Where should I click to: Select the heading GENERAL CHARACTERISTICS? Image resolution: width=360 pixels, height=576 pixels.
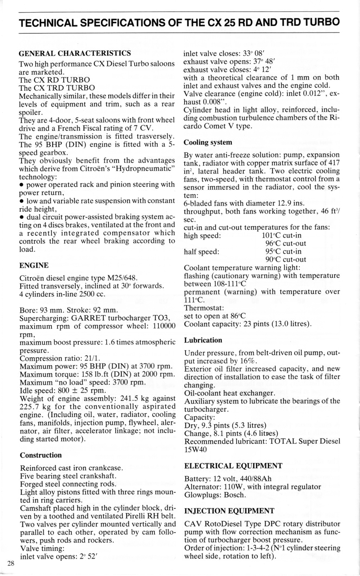pyautogui.click(x=75, y=53)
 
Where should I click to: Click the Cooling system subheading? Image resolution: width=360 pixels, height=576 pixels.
pyautogui.click(x=208, y=143)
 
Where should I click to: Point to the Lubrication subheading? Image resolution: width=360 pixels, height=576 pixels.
pyautogui.click(x=203, y=340)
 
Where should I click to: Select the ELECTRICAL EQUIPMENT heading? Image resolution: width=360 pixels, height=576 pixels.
pyautogui.click(x=234, y=465)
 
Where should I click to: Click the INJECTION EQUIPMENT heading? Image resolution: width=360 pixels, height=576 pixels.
pyautogui.click(x=229, y=510)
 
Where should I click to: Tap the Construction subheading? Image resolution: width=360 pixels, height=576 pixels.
pyautogui.click(x=41, y=455)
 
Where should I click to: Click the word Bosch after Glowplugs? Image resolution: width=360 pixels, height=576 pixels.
pyautogui.click(x=234, y=495)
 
